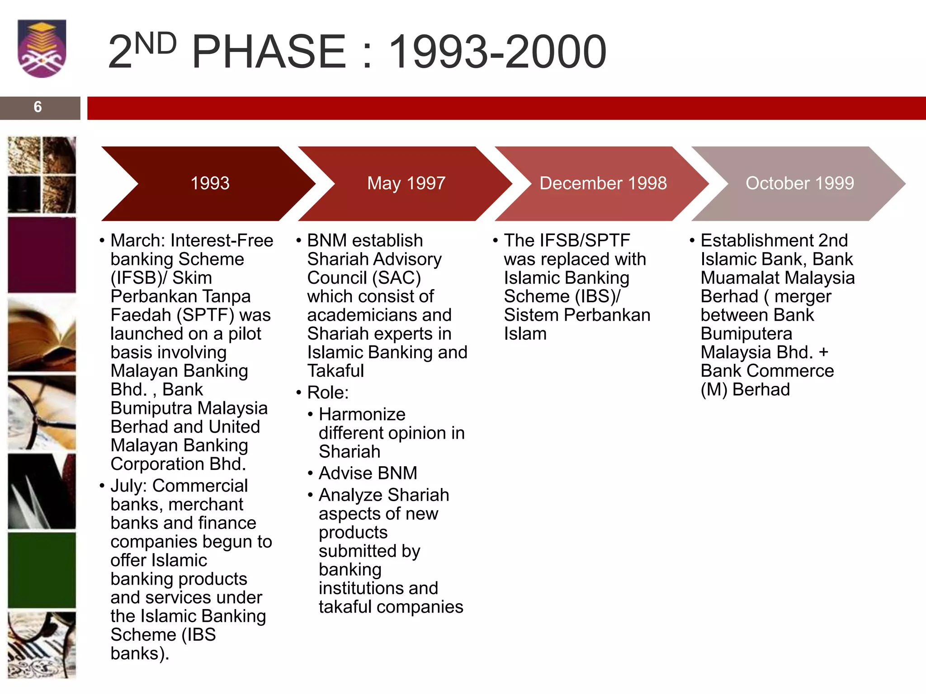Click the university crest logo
42,48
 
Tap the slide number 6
38,107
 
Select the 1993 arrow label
210,183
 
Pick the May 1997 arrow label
406,183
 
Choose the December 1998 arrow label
603,183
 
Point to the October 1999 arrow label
799,183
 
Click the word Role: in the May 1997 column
328,392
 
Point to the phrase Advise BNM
368,473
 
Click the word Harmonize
362,414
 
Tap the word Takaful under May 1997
335,371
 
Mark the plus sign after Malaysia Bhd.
823,352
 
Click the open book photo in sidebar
42,335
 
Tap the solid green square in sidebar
42,570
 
